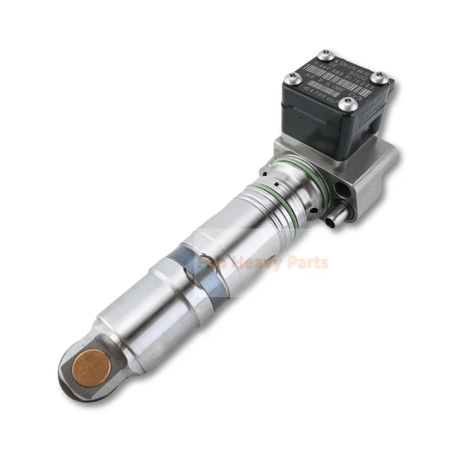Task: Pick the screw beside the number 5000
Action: click(x=379, y=77)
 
